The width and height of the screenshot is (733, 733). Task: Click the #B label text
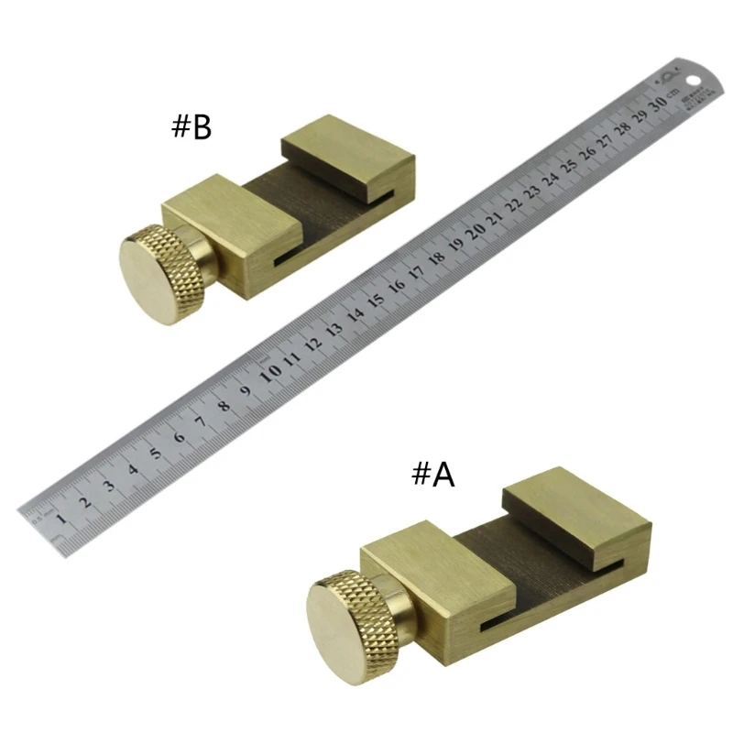coord(191,126)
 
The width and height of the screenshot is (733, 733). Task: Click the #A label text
coord(432,474)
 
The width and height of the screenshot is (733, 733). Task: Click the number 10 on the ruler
coord(270,372)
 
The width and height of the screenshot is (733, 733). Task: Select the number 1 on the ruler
coord(60,520)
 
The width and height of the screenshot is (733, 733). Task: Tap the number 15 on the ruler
coord(375,300)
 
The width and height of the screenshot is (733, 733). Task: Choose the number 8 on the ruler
coord(223,404)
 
